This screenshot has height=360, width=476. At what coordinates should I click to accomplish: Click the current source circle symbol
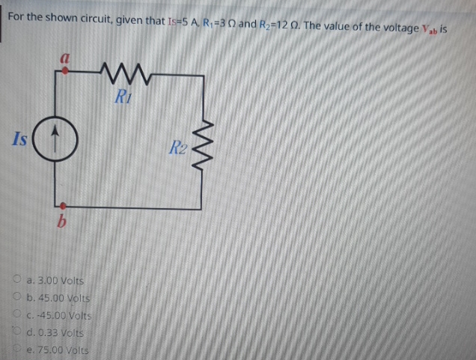[x=63, y=139]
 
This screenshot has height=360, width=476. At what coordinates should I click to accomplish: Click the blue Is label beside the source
[x=22, y=139]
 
